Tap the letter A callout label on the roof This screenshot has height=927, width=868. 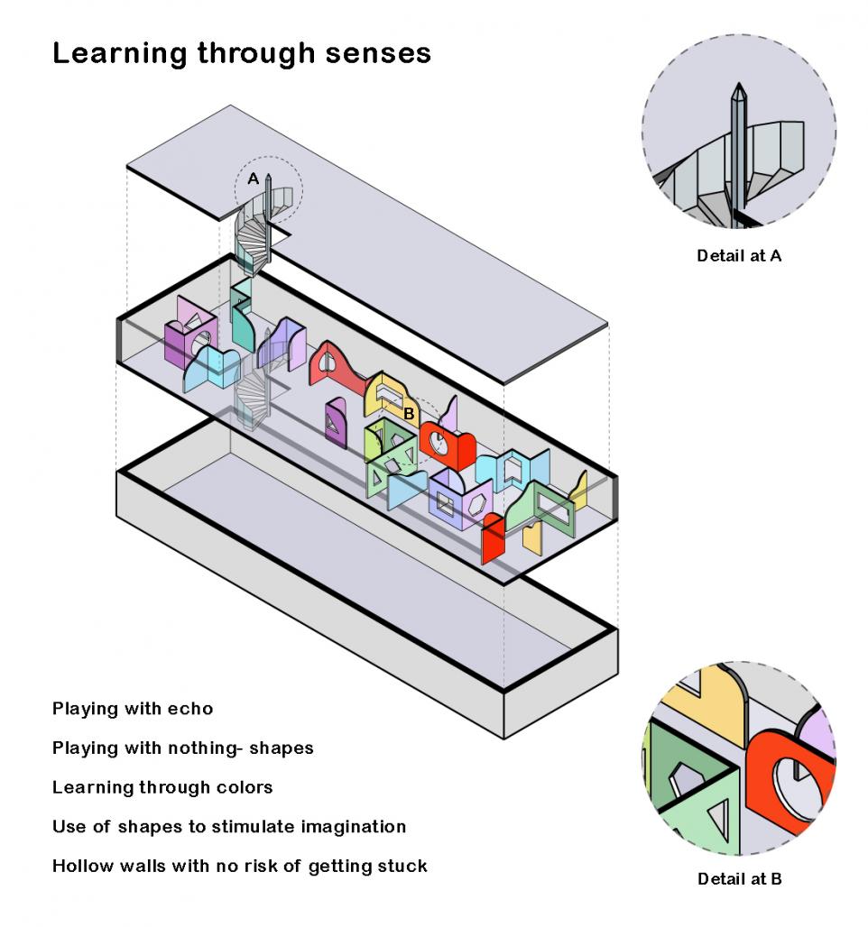pyautogui.click(x=254, y=179)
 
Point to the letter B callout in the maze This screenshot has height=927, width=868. pyautogui.click(x=408, y=414)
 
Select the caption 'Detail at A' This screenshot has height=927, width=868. pyautogui.click(x=739, y=255)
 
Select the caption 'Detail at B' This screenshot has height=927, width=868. pyautogui.click(x=739, y=879)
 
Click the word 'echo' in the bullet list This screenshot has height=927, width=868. pyautogui.click(x=190, y=709)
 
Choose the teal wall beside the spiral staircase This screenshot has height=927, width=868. pyautogui.click(x=242, y=321)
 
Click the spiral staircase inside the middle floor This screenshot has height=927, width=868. pyautogui.click(x=253, y=387)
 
